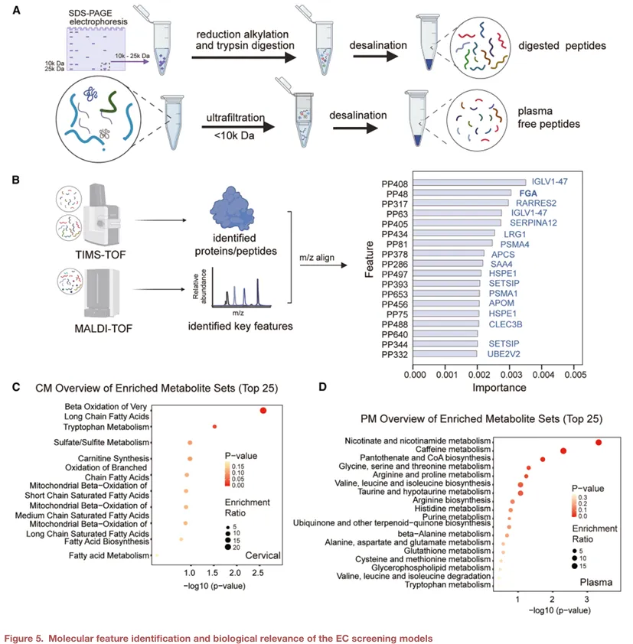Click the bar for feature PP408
point(469,182)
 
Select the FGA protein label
point(528,193)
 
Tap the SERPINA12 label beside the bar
point(533,223)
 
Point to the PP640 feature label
point(395,335)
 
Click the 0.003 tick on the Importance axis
point(511,375)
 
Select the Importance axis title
point(499,388)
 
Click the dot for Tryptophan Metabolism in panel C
point(214,427)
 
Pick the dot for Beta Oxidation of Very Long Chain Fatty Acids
point(263,410)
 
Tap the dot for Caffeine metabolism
point(563,451)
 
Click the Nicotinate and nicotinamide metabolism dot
point(599,442)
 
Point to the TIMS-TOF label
point(100,255)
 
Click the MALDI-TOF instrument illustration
point(102,293)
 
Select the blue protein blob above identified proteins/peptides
point(233,208)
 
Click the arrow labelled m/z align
point(324,265)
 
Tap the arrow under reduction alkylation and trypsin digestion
point(243,57)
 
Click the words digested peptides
point(562,46)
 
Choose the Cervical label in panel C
point(263,555)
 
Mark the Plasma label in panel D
point(596,582)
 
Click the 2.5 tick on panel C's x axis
point(258,573)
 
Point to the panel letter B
point(15,180)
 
